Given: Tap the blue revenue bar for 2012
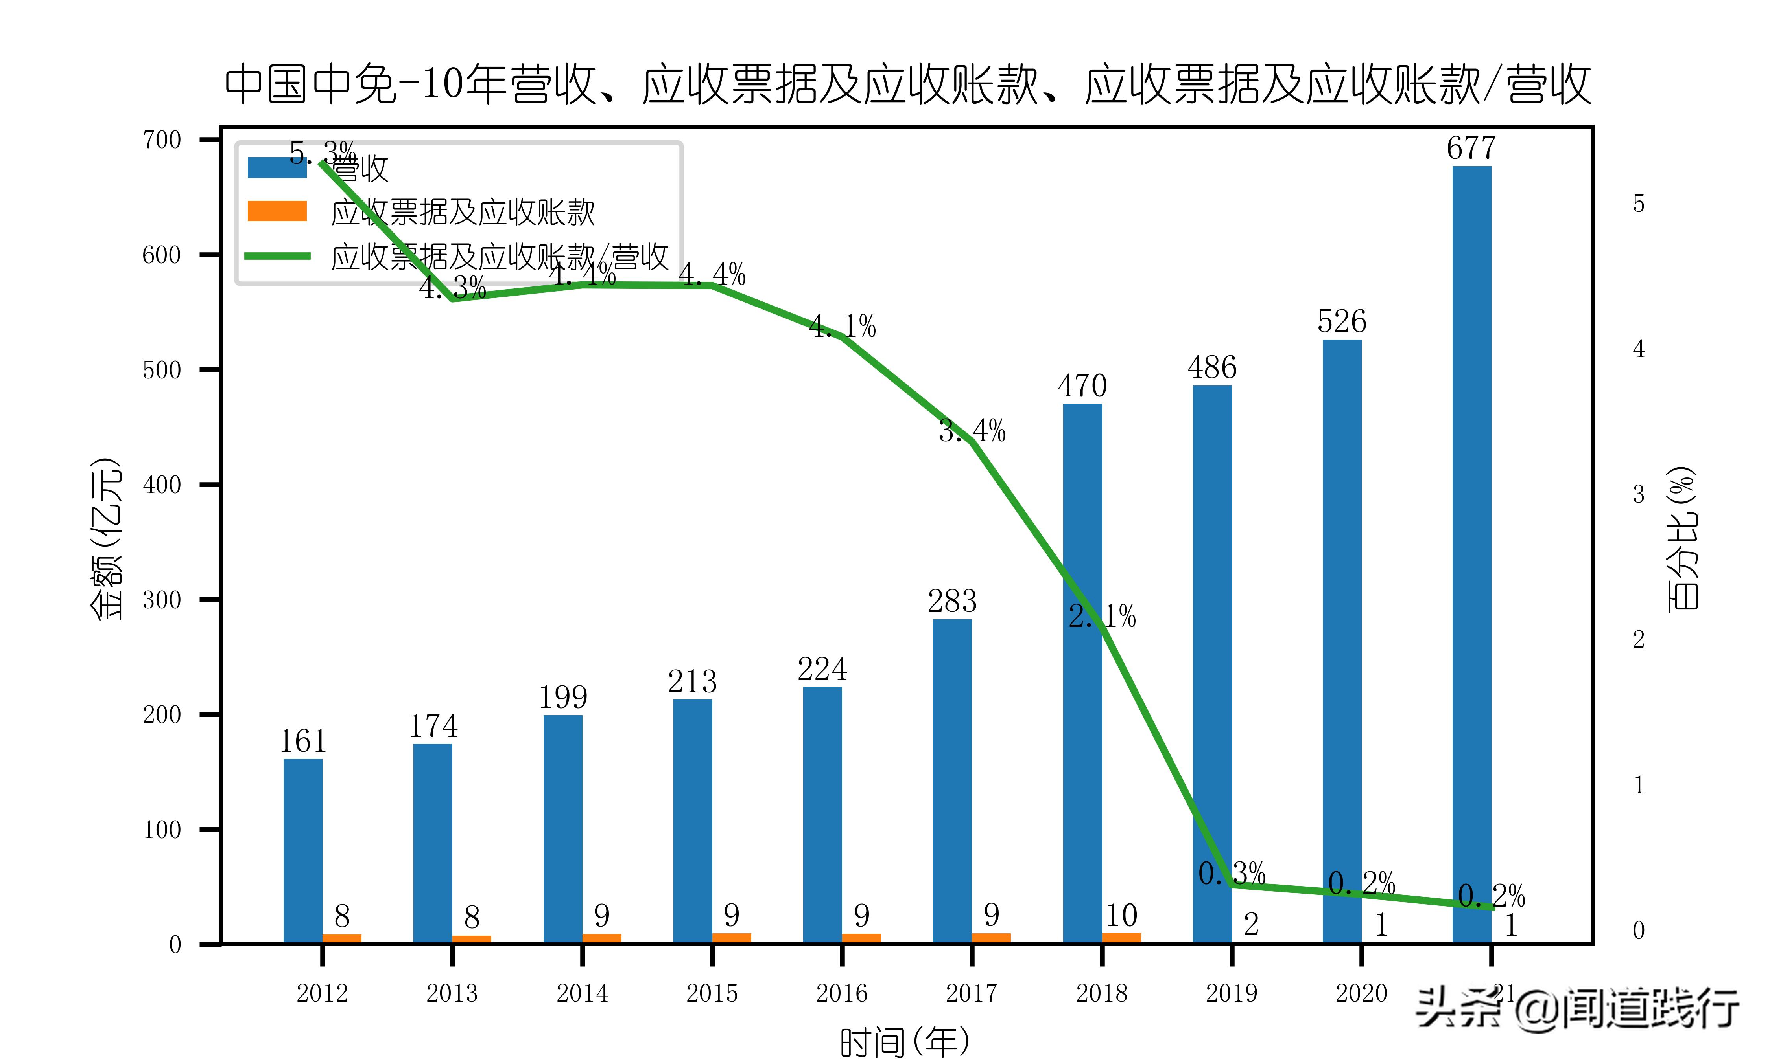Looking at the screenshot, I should [302, 851].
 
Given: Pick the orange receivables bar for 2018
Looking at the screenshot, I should [1121, 937].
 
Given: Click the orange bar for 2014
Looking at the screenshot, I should [602, 938].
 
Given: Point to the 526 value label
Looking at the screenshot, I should [1341, 322].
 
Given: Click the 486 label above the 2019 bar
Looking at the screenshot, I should [1212, 367].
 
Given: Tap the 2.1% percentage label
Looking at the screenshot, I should [1102, 616].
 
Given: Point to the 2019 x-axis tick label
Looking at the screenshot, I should [1231, 993].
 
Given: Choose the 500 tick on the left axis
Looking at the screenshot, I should [162, 370].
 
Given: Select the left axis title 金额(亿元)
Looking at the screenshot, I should [106, 538].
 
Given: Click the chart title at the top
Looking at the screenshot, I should [907, 84].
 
